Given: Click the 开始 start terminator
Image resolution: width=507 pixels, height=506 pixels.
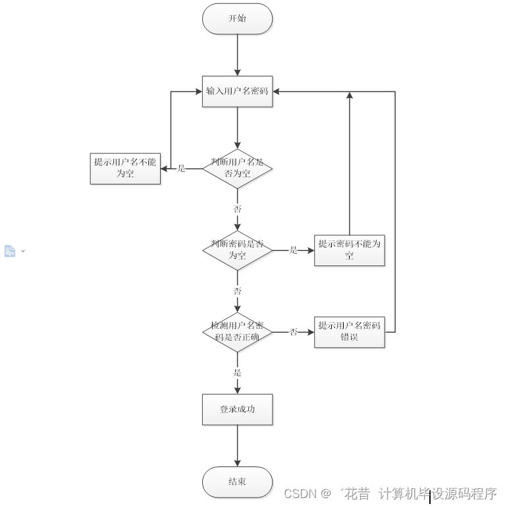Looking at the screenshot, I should [x=237, y=18].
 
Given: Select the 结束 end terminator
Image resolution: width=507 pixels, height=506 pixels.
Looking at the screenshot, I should [x=237, y=482].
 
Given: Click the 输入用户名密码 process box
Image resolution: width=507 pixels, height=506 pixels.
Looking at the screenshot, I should [x=237, y=91].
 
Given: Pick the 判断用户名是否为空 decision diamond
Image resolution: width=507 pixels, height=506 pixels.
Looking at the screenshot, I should [x=237, y=168].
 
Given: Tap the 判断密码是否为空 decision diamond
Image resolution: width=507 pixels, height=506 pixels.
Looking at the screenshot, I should [x=237, y=250].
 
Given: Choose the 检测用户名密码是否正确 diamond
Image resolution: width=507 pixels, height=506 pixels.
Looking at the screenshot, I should [x=237, y=331].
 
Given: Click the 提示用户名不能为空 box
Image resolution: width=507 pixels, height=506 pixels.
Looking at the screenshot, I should [x=125, y=168].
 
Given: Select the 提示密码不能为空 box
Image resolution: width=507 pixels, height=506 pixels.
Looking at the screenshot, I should [x=349, y=250].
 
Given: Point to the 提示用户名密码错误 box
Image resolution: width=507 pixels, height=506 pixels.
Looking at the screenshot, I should [x=349, y=331].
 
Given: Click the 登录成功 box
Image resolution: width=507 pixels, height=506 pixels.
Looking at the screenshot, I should [x=237, y=409].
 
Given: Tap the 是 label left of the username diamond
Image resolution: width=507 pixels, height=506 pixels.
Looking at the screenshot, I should [x=182, y=169].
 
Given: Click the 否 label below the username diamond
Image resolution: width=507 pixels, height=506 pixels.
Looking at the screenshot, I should [x=237, y=209].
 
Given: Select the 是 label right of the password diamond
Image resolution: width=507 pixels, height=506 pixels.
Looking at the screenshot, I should [x=294, y=250].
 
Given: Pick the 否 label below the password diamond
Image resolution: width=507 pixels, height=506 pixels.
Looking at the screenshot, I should [x=237, y=291].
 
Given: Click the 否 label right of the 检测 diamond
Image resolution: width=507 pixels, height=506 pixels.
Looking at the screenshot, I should [x=294, y=332].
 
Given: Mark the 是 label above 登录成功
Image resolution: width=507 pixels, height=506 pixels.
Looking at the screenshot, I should [x=237, y=372].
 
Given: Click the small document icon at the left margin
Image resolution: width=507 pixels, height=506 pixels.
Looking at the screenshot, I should [x=10, y=251].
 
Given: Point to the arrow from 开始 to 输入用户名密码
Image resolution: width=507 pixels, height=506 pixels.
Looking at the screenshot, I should [x=237, y=56].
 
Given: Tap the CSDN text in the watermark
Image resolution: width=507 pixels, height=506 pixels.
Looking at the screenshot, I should [x=301, y=493].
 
